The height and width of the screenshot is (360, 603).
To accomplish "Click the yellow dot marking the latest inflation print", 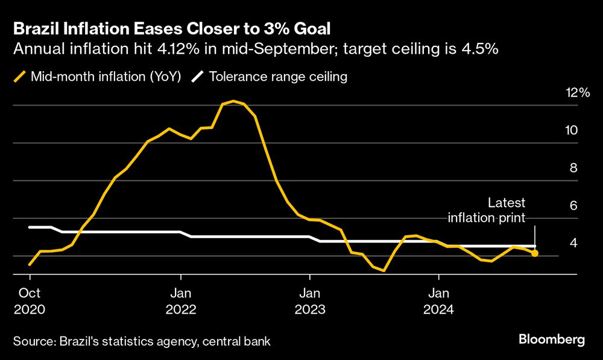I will point(534,253).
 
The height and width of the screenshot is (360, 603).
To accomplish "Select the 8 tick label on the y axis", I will point(573,168).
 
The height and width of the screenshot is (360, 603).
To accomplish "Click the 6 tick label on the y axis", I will point(573,206).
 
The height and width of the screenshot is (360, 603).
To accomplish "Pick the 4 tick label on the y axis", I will point(573,243).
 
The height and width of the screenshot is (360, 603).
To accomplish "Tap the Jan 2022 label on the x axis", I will point(180,302).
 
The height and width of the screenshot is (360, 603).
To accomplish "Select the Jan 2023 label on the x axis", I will point(309,302).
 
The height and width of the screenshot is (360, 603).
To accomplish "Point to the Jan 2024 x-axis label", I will point(438,302).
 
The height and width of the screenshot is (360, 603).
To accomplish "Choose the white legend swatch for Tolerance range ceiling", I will point(197,77).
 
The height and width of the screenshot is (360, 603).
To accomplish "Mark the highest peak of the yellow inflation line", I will point(233,101).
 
